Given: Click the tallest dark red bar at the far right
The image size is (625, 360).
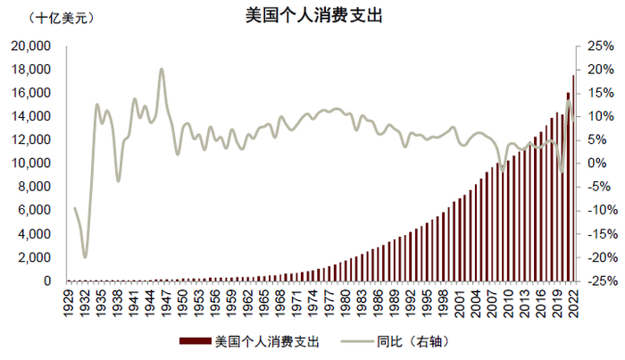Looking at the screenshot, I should tap(573, 179).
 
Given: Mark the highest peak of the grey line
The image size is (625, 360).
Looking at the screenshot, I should tap(162, 69).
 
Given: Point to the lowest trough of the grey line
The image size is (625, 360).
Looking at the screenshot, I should tap(86, 257).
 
